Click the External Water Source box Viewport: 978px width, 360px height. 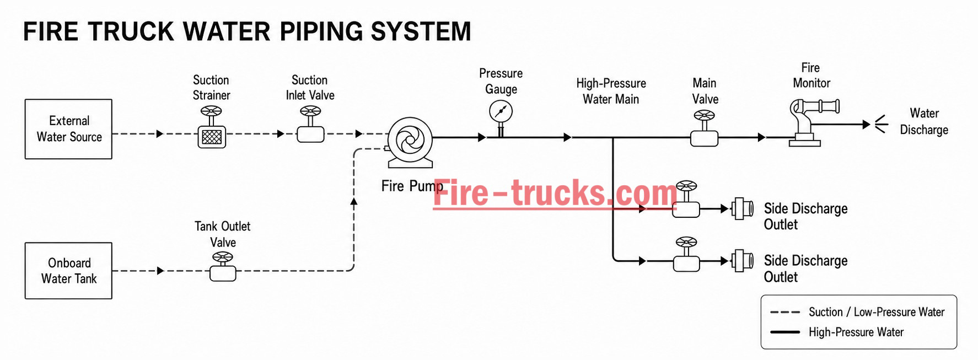click(68, 129)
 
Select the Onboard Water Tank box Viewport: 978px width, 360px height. click(68, 271)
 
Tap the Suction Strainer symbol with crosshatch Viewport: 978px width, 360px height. click(212, 127)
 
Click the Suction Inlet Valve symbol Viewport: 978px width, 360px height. click(310, 125)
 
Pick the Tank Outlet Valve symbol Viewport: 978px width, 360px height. click(223, 267)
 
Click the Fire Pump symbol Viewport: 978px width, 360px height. click(410, 142)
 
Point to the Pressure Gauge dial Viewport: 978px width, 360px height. click(501, 112)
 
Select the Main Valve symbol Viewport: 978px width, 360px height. click(705, 128)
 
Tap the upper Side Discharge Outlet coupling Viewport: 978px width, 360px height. click(742, 209)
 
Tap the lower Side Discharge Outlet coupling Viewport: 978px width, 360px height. click(742, 261)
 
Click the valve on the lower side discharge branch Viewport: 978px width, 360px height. click(686, 255)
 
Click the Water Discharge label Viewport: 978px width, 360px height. click(924, 121)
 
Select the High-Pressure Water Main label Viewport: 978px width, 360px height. click(611, 91)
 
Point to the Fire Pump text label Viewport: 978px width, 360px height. click(412, 186)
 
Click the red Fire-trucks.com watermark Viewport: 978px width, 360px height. click(555, 193)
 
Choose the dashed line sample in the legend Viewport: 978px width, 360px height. click(785, 312)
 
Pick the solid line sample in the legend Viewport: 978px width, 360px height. click(785, 332)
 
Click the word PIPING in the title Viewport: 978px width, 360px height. click(321, 31)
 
